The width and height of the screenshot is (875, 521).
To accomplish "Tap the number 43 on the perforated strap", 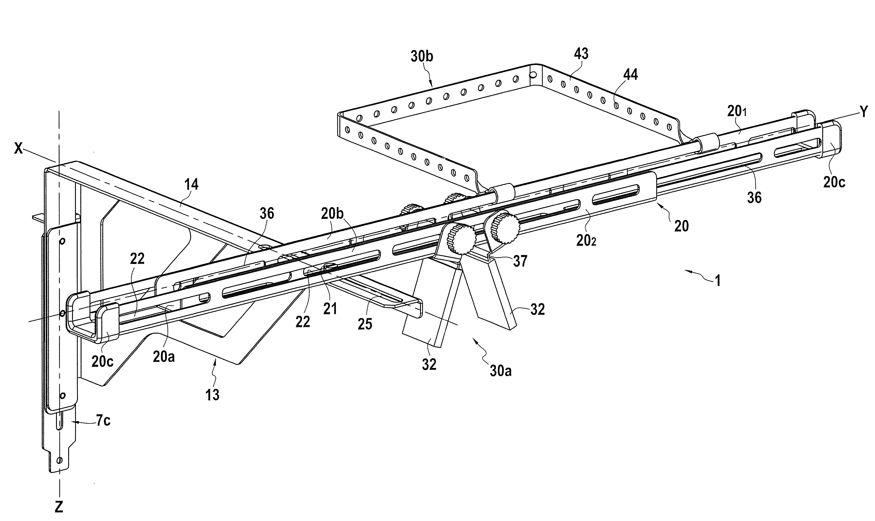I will point(581,54).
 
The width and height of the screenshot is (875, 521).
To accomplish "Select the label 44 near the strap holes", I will point(630,74).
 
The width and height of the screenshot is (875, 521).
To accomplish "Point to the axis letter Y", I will point(864,111).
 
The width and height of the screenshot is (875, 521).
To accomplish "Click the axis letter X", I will point(18,149).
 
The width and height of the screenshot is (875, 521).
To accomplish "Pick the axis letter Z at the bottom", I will point(59,507).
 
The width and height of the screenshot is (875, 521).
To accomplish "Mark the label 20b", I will point(333,214).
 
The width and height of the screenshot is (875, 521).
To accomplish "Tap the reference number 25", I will point(365,324).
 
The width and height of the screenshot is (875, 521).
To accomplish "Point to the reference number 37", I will point(520,261).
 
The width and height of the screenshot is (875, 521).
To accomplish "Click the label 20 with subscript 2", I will point(586,240).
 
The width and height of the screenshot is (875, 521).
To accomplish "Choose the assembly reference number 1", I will point(718,281).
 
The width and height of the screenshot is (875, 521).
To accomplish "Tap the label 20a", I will point(164,357).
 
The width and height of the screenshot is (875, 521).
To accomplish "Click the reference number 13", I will point(212,395).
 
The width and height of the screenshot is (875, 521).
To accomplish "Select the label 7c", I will point(103,420).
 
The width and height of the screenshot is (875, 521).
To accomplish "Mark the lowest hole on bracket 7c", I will point(60,460).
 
